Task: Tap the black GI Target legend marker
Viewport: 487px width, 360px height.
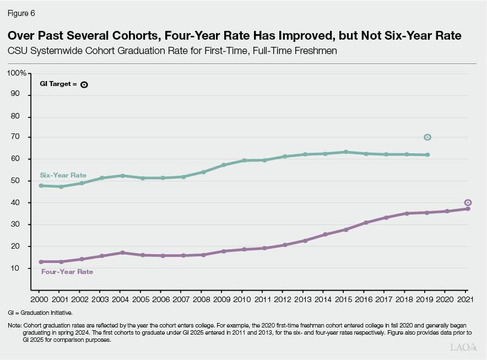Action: pyautogui.click(x=84, y=84)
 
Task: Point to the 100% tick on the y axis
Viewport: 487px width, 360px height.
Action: pyautogui.click(x=17, y=73)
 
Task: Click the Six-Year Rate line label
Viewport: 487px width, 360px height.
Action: pyautogui.click(x=63, y=175)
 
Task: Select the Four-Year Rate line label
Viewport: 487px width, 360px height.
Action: pyautogui.click(x=67, y=272)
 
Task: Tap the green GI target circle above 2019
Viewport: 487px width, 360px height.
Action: pyautogui.click(x=427, y=137)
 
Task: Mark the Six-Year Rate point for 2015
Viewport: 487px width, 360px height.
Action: pyautogui.click(x=345, y=152)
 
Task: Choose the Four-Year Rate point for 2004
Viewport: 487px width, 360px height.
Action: pyautogui.click(x=122, y=252)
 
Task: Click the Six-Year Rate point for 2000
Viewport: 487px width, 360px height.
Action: pyautogui.click(x=41, y=186)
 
